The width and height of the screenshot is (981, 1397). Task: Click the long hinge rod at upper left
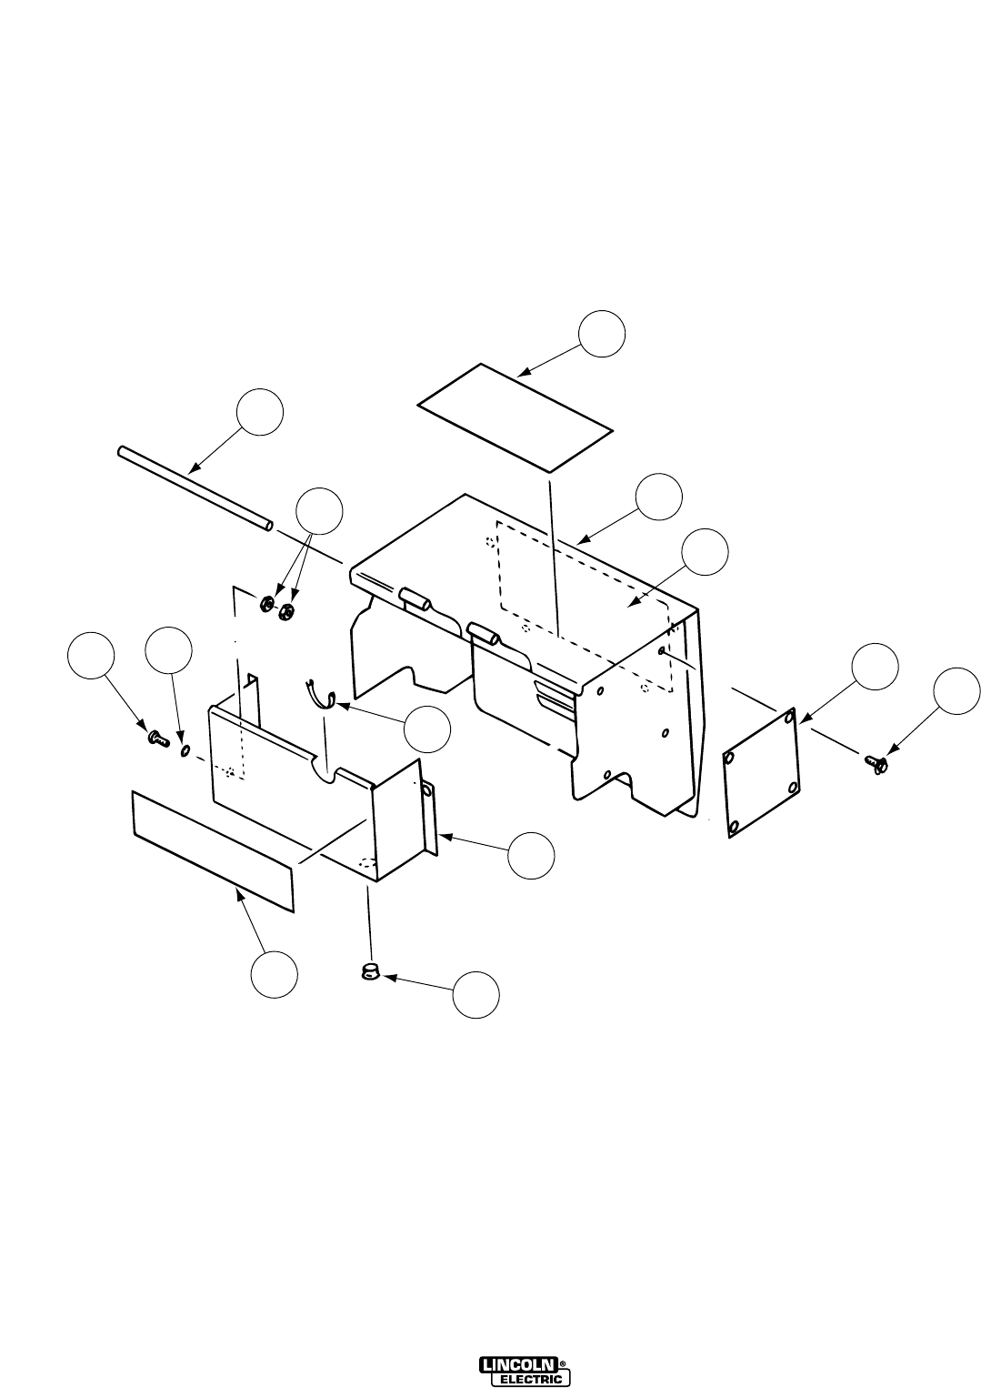(195, 489)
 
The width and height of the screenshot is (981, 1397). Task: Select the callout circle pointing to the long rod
(260, 412)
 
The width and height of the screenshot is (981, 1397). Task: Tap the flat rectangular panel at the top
(516, 417)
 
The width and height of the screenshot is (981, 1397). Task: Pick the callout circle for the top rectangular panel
(602, 334)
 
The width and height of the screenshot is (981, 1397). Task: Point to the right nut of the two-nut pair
(286, 609)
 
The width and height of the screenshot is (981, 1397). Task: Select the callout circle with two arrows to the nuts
(319, 511)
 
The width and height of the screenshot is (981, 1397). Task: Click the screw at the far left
(157, 739)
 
